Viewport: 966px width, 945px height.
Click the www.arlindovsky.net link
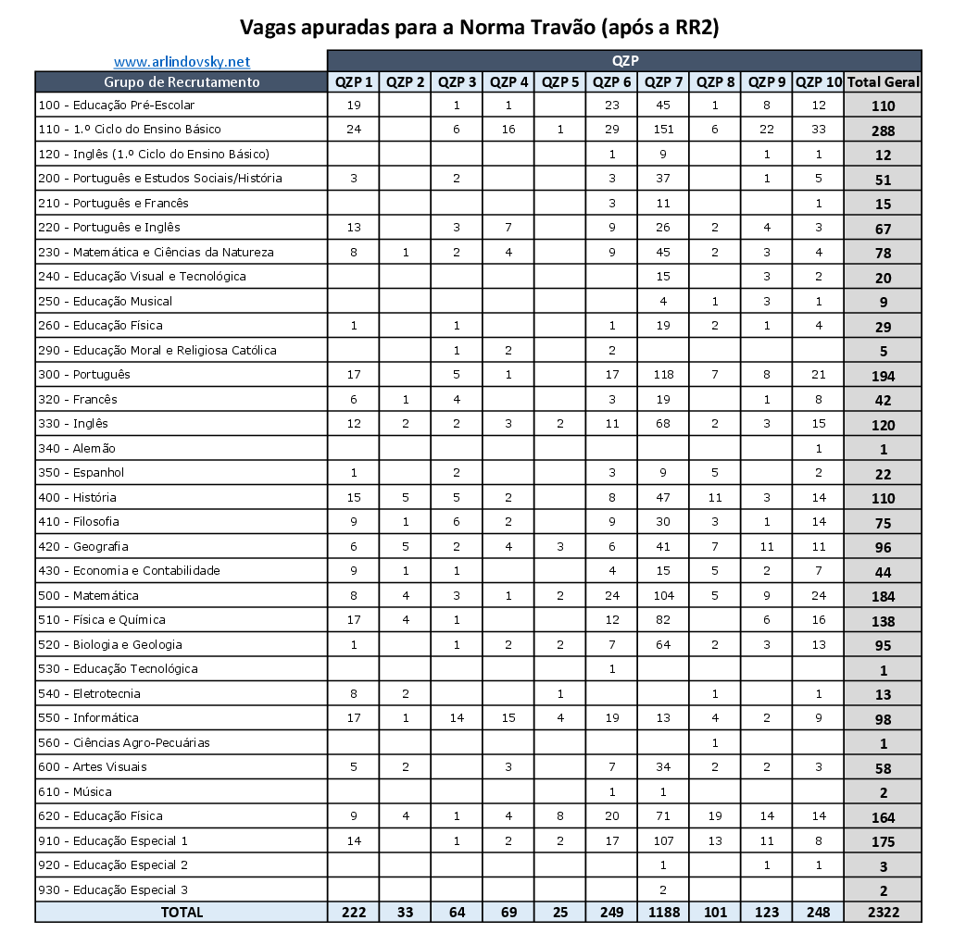point(182,62)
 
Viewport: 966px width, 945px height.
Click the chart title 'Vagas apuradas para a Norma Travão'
point(479,28)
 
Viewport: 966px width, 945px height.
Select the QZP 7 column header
point(662,81)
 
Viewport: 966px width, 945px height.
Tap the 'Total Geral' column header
point(883,81)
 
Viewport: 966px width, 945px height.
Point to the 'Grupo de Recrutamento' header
point(182,81)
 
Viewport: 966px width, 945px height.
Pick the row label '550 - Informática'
point(88,717)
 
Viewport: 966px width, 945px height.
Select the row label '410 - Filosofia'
point(79,521)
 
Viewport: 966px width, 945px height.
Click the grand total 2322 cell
point(883,912)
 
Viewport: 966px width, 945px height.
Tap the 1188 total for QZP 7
point(662,912)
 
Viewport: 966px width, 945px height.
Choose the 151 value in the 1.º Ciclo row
point(662,129)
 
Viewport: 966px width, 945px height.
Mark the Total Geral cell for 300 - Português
point(883,376)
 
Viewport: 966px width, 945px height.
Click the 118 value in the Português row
point(662,375)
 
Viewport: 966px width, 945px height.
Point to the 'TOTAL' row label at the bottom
point(182,912)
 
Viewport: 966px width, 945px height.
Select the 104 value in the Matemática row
point(662,595)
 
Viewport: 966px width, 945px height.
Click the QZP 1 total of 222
point(353,912)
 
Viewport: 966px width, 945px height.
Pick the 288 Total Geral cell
point(883,131)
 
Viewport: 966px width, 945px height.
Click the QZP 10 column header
point(818,81)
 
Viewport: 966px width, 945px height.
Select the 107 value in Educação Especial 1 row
point(662,840)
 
